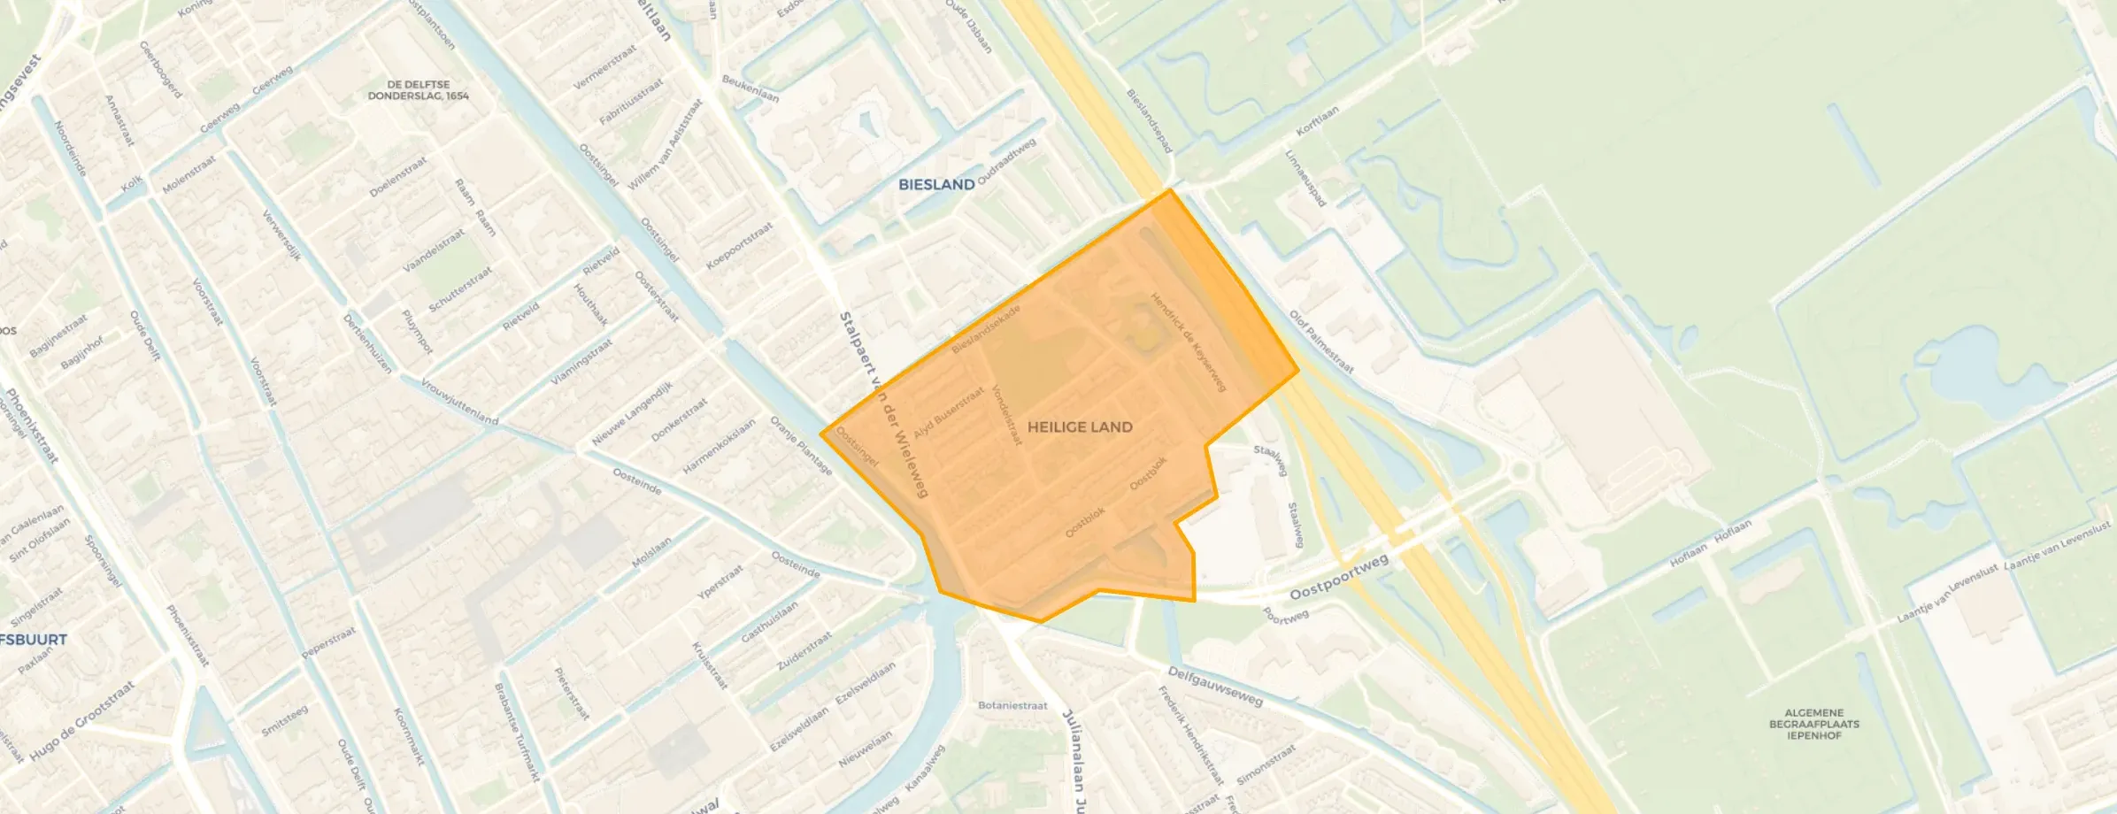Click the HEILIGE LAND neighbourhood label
[1080, 427]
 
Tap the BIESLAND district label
[935, 185]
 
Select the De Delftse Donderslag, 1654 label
[419, 90]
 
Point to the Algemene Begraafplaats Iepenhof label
[1814, 724]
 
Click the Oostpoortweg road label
[1338, 577]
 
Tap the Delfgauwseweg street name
[1214, 686]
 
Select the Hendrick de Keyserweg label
[1188, 342]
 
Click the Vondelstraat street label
[1006, 414]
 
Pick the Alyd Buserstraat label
[948, 412]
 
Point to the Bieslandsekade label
[986, 329]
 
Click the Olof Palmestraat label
[1320, 342]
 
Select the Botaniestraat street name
[1012, 706]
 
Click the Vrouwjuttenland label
[459, 402]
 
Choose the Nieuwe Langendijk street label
[632, 413]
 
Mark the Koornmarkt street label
[409, 737]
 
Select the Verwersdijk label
[282, 235]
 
